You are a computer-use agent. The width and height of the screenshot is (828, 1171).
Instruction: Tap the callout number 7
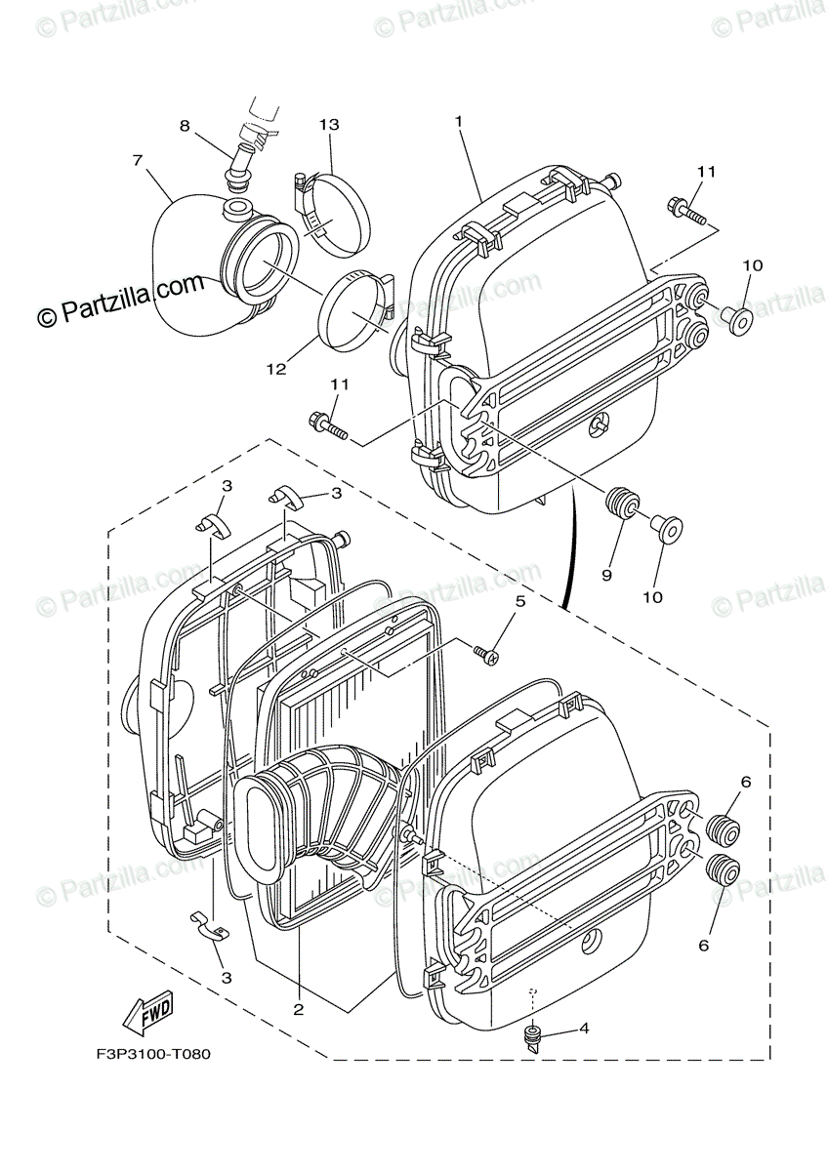tap(138, 159)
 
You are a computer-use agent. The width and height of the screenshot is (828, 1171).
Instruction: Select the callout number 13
tap(328, 125)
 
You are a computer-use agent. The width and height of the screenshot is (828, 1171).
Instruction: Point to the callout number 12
tap(276, 369)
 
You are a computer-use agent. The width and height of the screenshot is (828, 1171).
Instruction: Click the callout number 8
tap(185, 125)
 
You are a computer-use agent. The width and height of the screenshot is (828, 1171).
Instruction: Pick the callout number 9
tap(606, 576)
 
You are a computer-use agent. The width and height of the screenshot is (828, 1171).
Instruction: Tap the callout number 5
tap(520, 601)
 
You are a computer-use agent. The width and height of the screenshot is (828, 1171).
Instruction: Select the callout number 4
tap(584, 1028)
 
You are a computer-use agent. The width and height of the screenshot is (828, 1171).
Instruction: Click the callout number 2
tap(299, 1010)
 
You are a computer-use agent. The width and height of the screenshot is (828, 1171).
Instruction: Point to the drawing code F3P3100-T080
tap(153, 1054)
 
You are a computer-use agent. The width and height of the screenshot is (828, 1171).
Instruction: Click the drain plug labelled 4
tap(534, 1037)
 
